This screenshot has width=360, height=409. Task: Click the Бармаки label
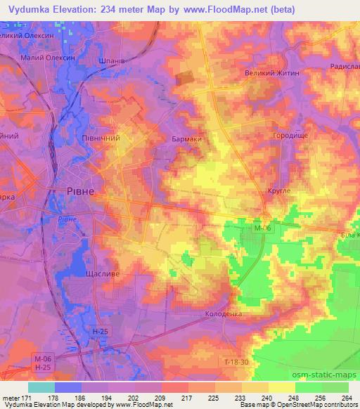pos(186,139)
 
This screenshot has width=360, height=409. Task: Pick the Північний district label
pos(101,138)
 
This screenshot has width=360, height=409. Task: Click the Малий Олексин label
pos(49,58)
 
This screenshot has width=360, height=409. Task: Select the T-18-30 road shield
pos(236,361)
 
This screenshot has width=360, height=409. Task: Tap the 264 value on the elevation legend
pos(347,397)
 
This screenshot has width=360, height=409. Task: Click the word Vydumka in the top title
pos(32,9)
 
